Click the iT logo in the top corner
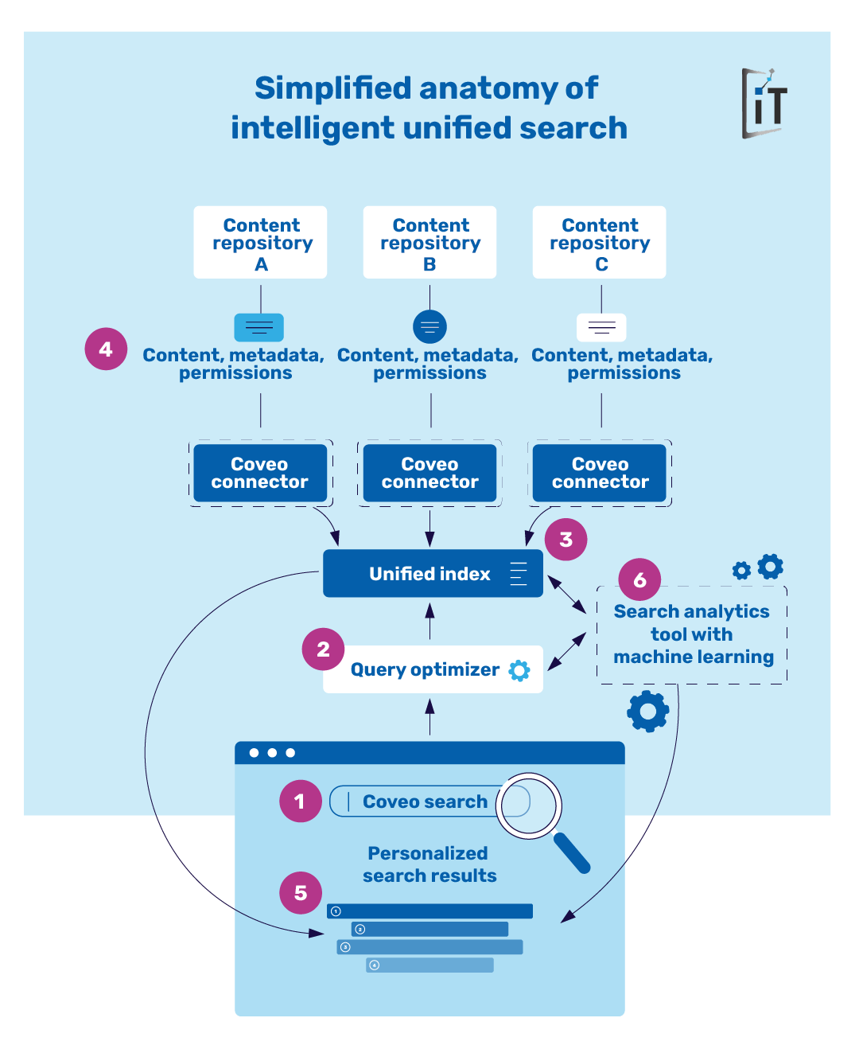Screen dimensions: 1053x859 [x=764, y=103]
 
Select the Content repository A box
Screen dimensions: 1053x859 [x=260, y=243]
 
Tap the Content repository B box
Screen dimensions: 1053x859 [x=429, y=243]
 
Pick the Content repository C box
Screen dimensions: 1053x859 [x=599, y=243]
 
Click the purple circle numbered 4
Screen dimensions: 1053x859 [x=106, y=349]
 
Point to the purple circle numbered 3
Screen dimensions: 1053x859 [x=566, y=540]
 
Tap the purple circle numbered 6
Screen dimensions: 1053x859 [x=639, y=580]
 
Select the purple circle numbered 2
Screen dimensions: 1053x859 [x=323, y=649]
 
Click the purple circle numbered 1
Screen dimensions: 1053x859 [x=300, y=801]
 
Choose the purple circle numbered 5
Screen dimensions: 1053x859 [x=300, y=893]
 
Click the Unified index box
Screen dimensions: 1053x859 [x=433, y=574]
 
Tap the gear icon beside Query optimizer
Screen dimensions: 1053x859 [x=519, y=670]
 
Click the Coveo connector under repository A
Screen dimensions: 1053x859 [x=260, y=474]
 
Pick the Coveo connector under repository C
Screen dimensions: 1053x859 [x=600, y=474]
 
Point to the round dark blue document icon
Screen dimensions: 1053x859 [x=429, y=326]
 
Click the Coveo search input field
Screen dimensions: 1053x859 [x=422, y=801]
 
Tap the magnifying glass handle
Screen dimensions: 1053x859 [x=572, y=853]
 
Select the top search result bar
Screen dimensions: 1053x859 [x=429, y=911]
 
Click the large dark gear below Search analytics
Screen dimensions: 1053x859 [x=648, y=711]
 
